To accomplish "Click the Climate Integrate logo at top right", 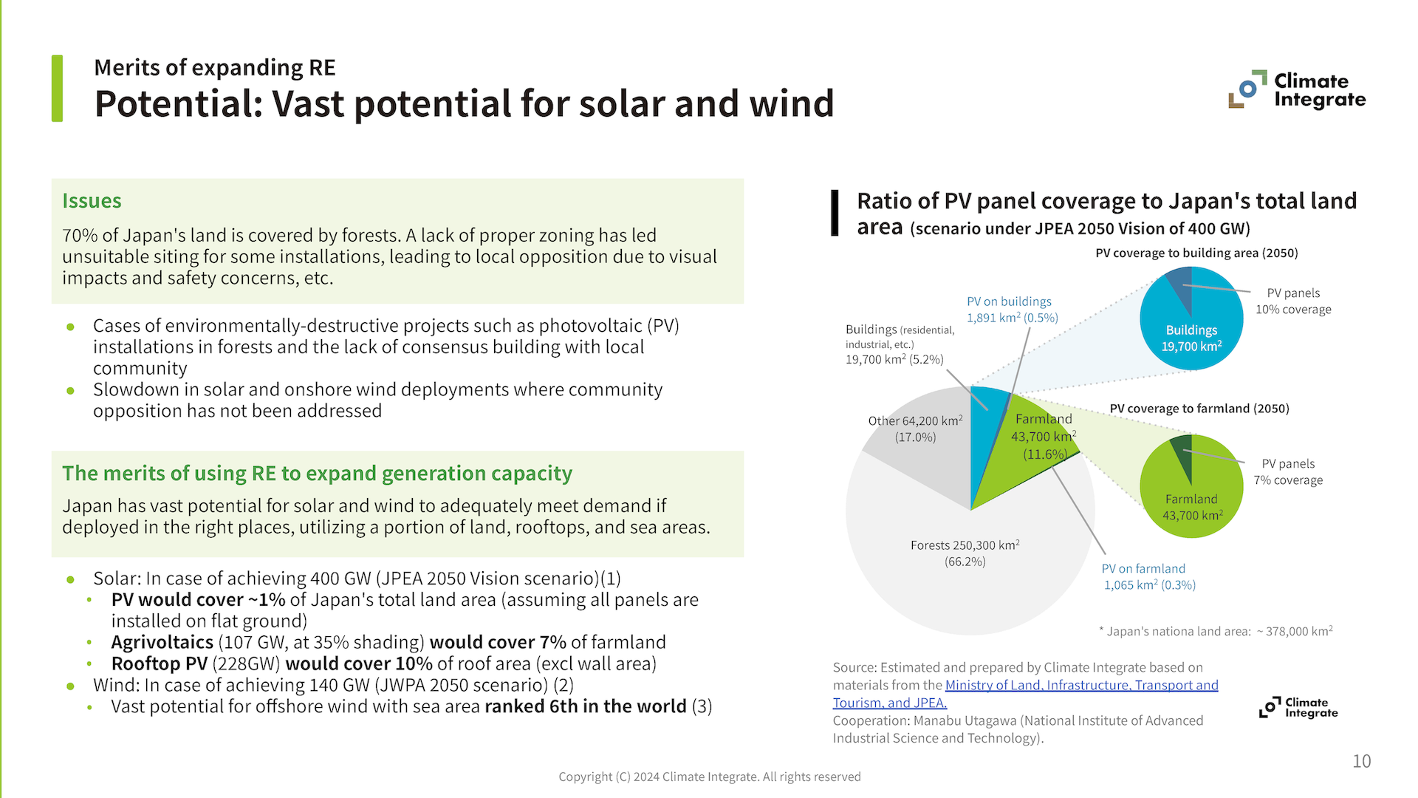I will tap(1298, 90).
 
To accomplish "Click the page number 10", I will tap(1361, 761).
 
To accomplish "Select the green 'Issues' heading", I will tap(92, 201).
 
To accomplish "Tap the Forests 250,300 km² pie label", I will tap(965, 553).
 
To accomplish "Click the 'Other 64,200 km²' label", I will tap(915, 429).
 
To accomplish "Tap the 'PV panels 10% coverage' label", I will tap(1293, 301).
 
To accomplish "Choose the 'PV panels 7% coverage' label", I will tap(1288, 472).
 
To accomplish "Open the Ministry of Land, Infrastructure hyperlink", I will tap(1081, 686).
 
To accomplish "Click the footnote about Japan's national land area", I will tap(1216, 631).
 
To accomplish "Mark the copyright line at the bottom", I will tap(709, 777).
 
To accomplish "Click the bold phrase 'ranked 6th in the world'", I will tap(585, 706).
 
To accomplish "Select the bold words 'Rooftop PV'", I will tap(159, 664).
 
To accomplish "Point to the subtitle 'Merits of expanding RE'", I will tap(214, 68).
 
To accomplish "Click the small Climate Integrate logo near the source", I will tap(1298, 707).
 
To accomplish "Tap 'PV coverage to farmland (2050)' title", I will tap(1199, 409).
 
